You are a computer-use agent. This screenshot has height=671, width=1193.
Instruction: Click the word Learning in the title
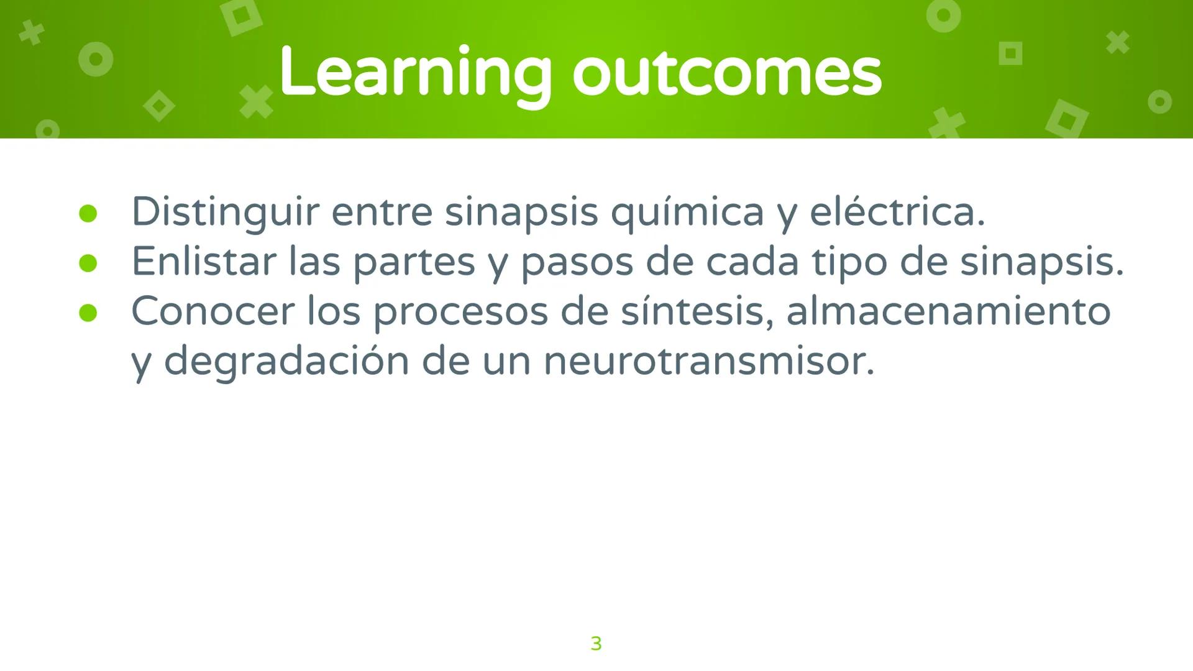click(x=414, y=73)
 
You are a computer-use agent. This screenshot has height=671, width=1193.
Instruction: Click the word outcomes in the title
click(x=726, y=73)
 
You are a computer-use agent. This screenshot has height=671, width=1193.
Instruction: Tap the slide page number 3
click(x=596, y=644)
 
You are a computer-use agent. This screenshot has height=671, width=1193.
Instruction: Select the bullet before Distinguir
click(x=88, y=214)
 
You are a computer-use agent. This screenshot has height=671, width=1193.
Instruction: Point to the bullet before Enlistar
click(x=88, y=263)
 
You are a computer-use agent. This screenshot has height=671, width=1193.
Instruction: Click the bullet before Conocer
click(x=88, y=313)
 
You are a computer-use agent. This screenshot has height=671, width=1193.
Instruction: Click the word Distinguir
click(x=225, y=212)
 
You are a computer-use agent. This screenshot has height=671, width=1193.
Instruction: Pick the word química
click(x=687, y=212)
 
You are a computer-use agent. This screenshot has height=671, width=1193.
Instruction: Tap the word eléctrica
click(x=897, y=212)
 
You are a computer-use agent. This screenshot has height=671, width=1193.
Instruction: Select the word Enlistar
click(x=203, y=262)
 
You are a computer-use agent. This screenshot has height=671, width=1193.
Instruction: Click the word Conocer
click(x=212, y=312)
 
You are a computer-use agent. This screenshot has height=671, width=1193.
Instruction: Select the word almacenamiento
click(x=948, y=312)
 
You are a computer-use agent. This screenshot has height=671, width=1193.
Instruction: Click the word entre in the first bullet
click(x=382, y=212)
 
